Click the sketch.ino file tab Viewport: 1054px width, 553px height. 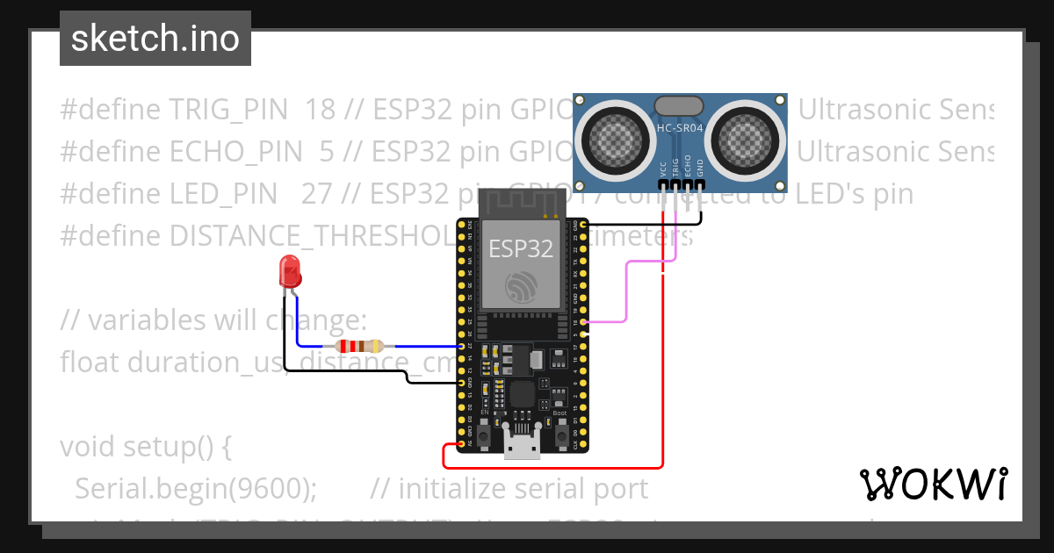click(x=155, y=39)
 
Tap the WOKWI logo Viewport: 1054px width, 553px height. click(x=933, y=484)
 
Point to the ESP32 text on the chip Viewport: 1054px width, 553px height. click(x=521, y=248)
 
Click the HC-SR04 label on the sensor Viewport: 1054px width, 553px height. click(x=680, y=129)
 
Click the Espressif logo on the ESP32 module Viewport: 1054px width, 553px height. click(x=521, y=287)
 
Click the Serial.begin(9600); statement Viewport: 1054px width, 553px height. click(x=196, y=488)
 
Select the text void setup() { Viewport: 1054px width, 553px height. click(x=146, y=447)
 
